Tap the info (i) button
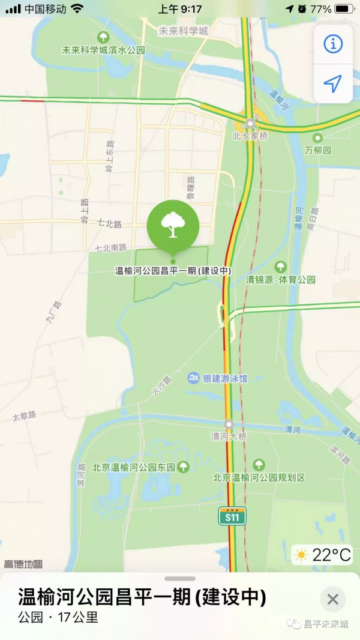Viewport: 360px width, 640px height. click(333, 44)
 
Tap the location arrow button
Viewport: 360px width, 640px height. click(333, 83)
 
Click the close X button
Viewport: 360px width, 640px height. click(333, 599)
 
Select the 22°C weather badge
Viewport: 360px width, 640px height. click(322, 555)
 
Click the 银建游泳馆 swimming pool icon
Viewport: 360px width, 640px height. click(193, 378)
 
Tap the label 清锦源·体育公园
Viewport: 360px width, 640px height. click(281, 279)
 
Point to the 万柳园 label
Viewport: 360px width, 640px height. click(318, 150)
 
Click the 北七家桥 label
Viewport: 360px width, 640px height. click(250, 136)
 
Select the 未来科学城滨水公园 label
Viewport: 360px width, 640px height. click(103, 50)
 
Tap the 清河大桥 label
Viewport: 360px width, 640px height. click(229, 436)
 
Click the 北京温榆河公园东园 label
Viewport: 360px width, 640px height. click(134, 467)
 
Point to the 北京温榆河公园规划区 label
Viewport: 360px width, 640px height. click(259, 477)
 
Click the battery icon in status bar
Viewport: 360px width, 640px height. click(344, 9)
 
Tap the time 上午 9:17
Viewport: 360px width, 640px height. click(179, 9)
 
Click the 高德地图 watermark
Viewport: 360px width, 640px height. click(23, 564)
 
